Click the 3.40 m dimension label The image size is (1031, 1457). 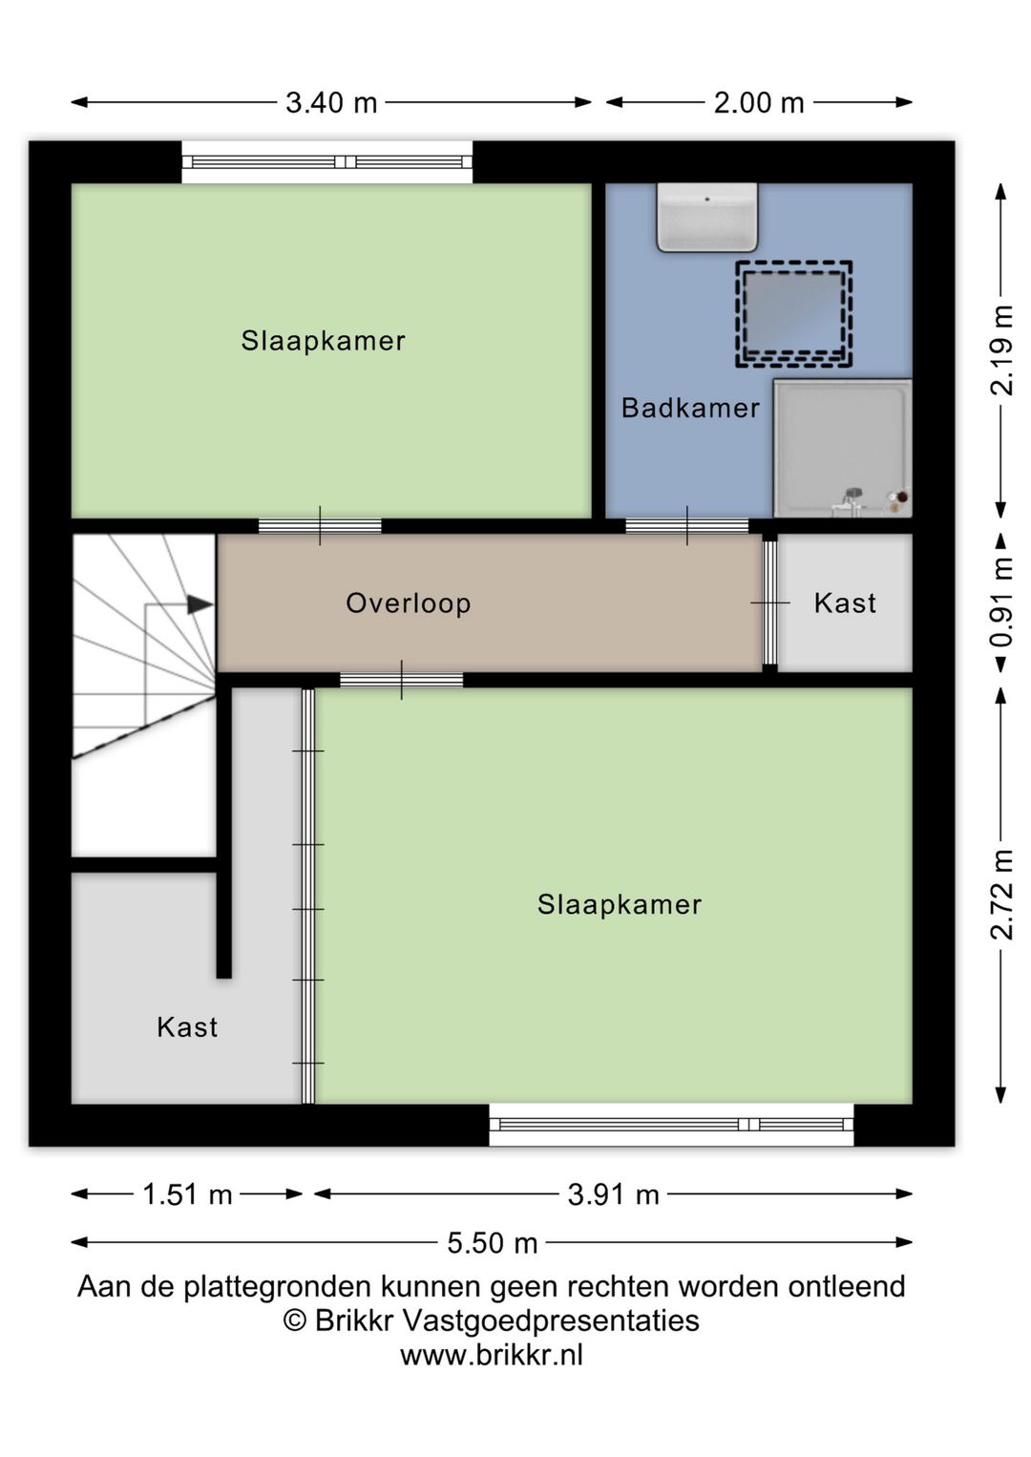point(331,103)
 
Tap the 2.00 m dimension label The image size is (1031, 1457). point(759,103)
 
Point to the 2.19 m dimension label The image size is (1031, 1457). point(1001,350)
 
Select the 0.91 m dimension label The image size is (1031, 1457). point(1001,602)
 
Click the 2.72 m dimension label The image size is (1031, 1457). point(1001,895)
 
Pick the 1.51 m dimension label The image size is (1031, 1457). point(187,1194)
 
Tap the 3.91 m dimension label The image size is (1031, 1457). point(614,1194)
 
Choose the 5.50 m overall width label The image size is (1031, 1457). point(493,1244)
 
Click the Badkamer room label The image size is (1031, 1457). point(690,409)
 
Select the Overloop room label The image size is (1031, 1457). point(409,603)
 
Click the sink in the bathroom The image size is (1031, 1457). point(707,217)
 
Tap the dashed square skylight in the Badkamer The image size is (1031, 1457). point(794,314)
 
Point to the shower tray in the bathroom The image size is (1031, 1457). point(842,448)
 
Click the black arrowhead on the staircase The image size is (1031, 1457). point(200,604)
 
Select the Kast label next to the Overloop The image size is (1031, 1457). point(845,603)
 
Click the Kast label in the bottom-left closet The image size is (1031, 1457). point(187,1027)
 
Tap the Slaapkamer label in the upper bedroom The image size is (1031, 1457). point(324,341)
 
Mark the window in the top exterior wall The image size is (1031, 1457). point(327,162)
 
